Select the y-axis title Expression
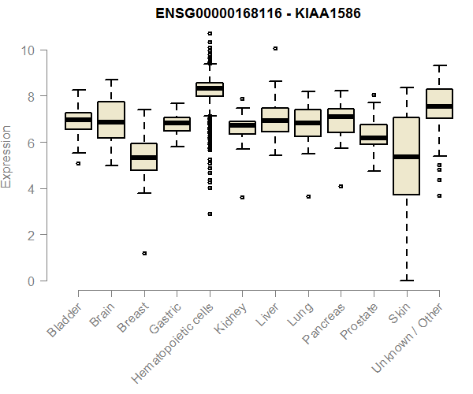click(x=8, y=156)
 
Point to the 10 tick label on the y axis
click(x=28, y=50)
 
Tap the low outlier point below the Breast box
click(x=143, y=253)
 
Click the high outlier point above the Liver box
click(x=275, y=48)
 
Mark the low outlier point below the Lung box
click(x=307, y=196)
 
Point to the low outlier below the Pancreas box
click(x=341, y=186)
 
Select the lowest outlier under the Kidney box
click(x=242, y=197)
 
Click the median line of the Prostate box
click(x=373, y=138)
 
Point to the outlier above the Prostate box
click(x=374, y=95)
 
